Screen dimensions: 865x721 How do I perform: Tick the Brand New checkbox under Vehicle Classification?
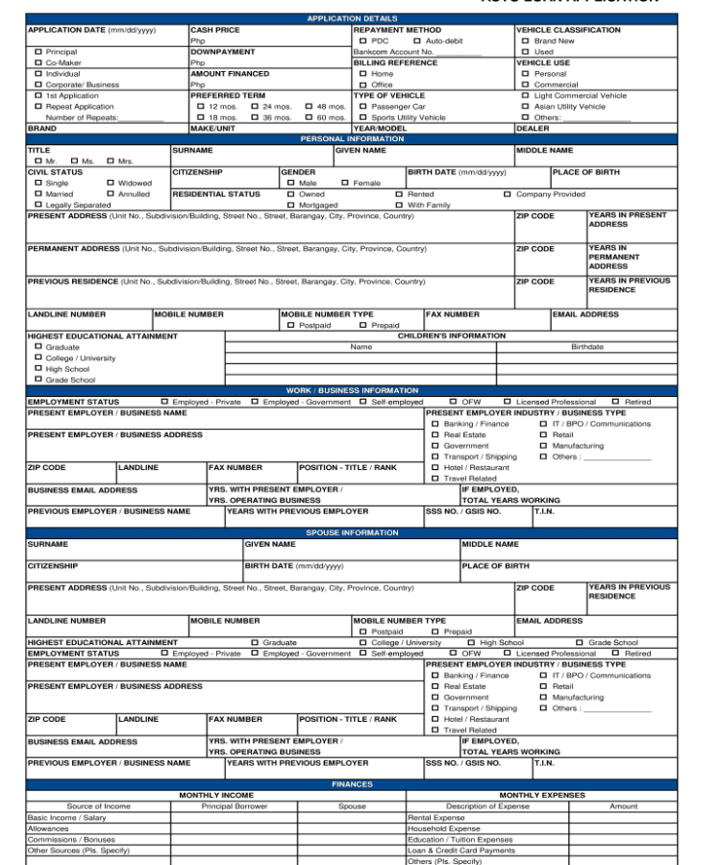525,41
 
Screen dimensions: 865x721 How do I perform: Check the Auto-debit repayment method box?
416,41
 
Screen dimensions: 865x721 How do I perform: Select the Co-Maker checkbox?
37,62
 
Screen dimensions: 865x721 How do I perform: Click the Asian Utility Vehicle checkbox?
525,107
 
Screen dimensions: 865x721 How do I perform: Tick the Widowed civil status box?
111,183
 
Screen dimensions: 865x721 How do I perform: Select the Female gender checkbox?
344,183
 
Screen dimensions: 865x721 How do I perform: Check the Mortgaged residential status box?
290,205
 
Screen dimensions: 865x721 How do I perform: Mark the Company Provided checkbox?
507,194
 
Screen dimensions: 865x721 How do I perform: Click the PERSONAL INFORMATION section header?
352,138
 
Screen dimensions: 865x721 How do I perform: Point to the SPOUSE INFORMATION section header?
352,532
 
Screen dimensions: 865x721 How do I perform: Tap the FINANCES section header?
352,784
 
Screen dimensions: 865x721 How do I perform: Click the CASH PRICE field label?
215,30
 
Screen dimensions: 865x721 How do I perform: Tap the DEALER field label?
533,128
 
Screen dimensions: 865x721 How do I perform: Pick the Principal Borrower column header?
235,806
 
